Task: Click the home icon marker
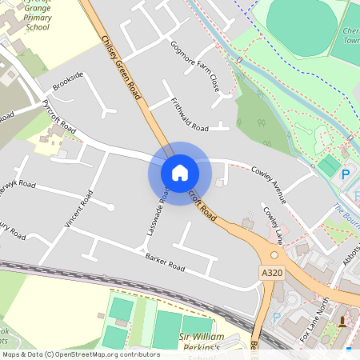tap(179, 172)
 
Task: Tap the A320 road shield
tap(271, 273)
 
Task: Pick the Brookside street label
tap(68, 80)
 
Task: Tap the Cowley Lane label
tap(274, 226)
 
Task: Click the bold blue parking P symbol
tap(346, 174)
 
